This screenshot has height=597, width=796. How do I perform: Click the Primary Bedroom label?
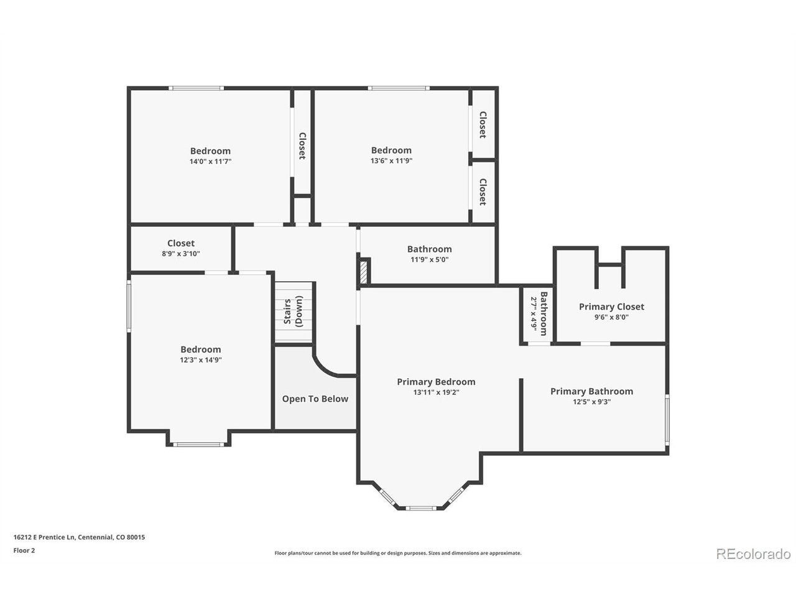436,382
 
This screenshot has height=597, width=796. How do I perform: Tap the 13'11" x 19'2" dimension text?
437,392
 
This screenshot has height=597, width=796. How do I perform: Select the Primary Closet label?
611,307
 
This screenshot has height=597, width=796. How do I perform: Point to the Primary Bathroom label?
591,392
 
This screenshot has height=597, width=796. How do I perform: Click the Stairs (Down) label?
293,312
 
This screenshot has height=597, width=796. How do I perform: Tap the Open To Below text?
315,399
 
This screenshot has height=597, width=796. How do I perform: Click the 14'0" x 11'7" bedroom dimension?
210,161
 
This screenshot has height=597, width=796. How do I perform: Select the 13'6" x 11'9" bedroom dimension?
391,160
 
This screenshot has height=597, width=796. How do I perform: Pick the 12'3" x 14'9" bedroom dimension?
200,360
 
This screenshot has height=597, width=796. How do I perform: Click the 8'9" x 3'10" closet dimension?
180,254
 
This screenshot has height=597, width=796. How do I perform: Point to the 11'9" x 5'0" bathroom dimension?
429,259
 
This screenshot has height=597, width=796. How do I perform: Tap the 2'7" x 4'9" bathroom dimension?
534,314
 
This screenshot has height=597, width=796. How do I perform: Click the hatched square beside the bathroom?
364,272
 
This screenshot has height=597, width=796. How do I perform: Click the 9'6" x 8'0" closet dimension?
611,317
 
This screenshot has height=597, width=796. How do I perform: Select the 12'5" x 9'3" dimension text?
592,402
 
